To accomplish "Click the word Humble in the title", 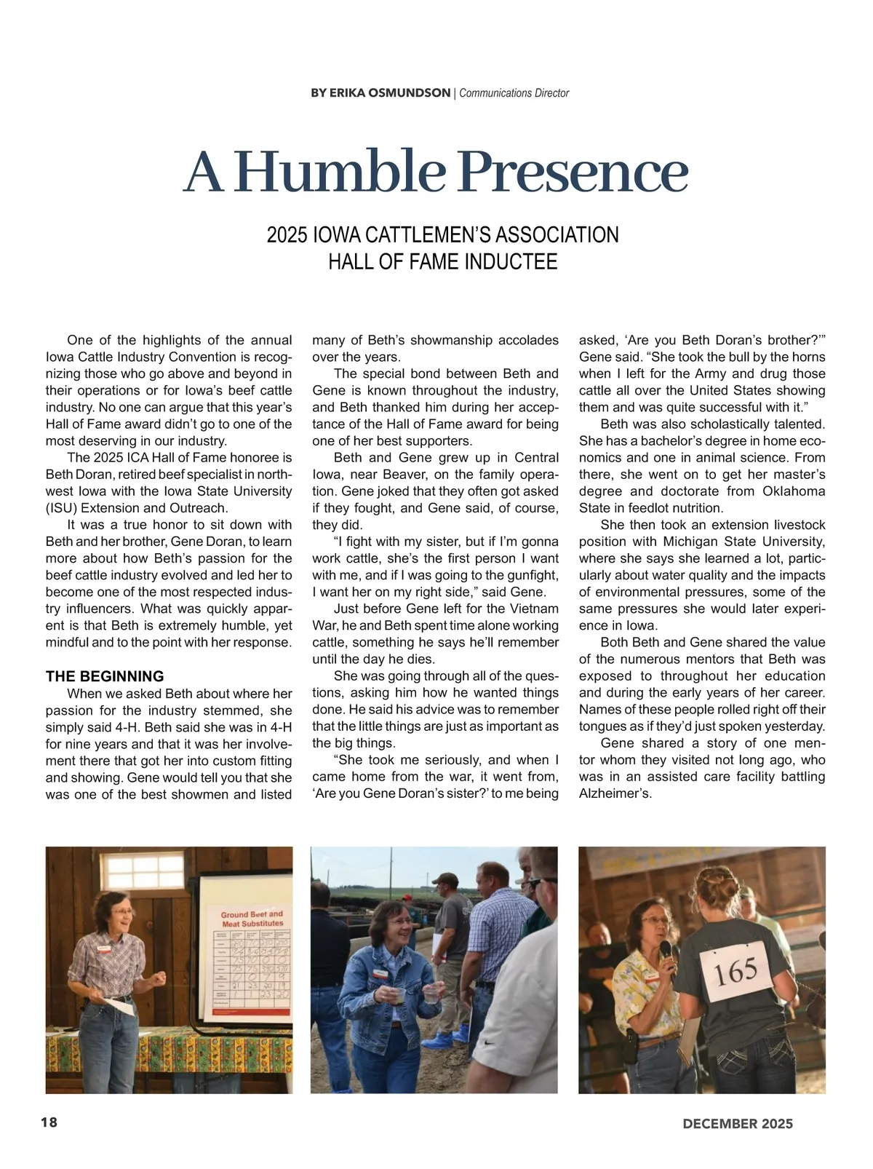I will (x=340, y=173).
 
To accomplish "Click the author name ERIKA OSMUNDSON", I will (x=380, y=93).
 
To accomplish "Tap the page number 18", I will (x=49, y=1122).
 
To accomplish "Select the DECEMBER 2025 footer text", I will (x=738, y=1124).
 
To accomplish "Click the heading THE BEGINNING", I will (x=105, y=676).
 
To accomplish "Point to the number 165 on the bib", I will (x=737, y=971).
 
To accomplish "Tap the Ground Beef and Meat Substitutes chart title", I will (x=252, y=919).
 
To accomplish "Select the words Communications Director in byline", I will (x=514, y=93).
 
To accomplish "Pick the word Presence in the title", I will (x=574, y=173).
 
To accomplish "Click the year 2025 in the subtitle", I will (x=287, y=235).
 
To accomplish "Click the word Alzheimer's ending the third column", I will (x=615, y=793).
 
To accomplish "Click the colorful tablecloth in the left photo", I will (x=167, y=1052).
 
